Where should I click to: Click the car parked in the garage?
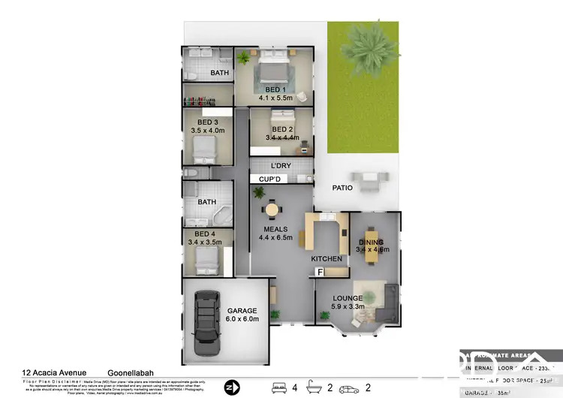coord(203,324)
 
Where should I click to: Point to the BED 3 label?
coord(208,122)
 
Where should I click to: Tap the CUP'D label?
coord(269,179)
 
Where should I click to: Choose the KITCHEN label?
coord(327,259)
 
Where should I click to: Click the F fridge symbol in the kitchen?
coord(321,272)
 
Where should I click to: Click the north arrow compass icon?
coord(231,387)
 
